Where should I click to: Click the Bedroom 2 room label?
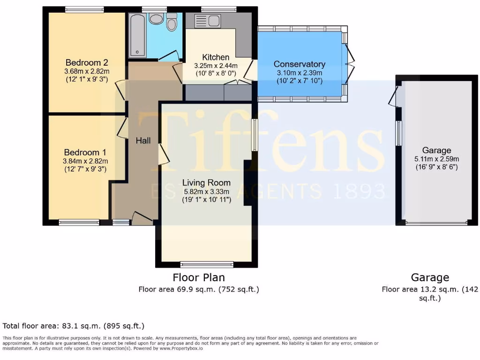[x=87, y=63]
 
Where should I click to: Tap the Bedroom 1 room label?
[x=85, y=152]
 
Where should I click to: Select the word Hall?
[x=143, y=140]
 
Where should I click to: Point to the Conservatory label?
[x=299, y=64]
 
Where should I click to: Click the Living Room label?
[x=206, y=182]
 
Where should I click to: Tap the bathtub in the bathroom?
[x=137, y=35]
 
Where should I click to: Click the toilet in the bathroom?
[x=172, y=22]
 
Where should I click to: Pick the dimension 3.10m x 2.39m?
[x=299, y=73]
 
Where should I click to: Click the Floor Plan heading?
[x=199, y=277]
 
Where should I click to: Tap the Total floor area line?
[x=74, y=326]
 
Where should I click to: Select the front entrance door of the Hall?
[x=142, y=217]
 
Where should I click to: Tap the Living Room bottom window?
[x=207, y=264]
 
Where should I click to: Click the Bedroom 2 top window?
[x=84, y=9]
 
